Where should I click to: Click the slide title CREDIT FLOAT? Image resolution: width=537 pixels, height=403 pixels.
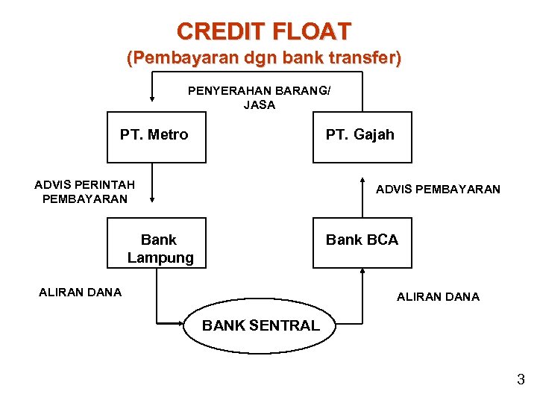pyautogui.click(x=263, y=31)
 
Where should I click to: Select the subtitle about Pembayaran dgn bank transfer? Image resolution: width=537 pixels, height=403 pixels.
pyautogui.click(x=263, y=58)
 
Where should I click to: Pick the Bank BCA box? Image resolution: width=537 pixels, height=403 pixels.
pyautogui.click(x=362, y=243)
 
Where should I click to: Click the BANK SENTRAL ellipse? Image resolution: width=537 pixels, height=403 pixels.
pyautogui.click(x=260, y=325)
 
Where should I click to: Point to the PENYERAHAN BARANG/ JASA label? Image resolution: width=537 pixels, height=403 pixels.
pyautogui.click(x=260, y=98)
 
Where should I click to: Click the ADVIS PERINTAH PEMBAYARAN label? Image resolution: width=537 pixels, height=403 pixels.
pyautogui.click(x=85, y=192)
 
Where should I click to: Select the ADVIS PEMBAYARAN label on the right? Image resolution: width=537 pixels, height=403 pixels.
pyautogui.click(x=438, y=190)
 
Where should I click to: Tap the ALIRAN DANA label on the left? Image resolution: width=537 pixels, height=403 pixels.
pyautogui.click(x=80, y=293)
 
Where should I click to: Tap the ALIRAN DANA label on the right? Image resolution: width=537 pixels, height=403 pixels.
pyautogui.click(x=438, y=297)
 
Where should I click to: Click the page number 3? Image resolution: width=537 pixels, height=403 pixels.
pyautogui.click(x=521, y=380)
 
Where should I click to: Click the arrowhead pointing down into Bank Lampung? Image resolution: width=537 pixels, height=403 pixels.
pyautogui.click(x=152, y=199)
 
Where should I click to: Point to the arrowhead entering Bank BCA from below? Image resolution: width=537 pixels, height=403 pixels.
pyautogui.click(x=362, y=272)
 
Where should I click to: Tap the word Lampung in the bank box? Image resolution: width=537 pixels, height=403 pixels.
pyautogui.click(x=160, y=258)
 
